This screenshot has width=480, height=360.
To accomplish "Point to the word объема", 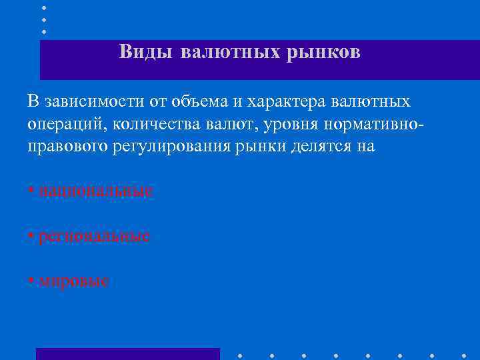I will click(x=197, y=101).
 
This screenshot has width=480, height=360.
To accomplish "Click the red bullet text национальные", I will click(x=96, y=191).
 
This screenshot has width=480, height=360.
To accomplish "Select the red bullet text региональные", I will click(x=94, y=236).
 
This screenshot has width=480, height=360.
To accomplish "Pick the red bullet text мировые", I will click(x=73, y=281).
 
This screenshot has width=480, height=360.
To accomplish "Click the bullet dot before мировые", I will click(x=31, y=281).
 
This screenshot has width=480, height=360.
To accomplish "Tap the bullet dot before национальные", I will click(x=31, y=191).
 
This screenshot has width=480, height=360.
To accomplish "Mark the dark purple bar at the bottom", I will click(x=127, y=354).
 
